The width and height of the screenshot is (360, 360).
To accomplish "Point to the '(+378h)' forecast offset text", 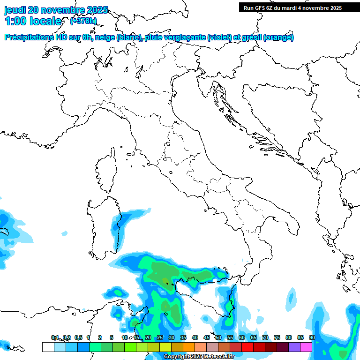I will click(x=83, y=21).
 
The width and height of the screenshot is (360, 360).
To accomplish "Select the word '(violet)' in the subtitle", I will click(x=220, y=37).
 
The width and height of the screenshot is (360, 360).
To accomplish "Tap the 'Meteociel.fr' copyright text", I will click(x=218, y=357).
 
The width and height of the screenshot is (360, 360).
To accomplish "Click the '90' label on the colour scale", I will click(x=312, y=337).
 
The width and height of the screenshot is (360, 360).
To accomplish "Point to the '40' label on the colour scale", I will click(x=195, y=337).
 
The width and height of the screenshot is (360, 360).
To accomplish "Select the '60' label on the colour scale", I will click(x=242, y=337).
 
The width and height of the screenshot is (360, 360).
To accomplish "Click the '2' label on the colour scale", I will click(x=100, y=337).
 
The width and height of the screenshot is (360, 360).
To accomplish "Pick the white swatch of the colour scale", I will click(x=48, y=347).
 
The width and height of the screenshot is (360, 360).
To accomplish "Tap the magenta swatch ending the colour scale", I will click(x=306, y=347).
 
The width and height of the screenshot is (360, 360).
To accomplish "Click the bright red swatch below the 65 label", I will click(x=247, y=347).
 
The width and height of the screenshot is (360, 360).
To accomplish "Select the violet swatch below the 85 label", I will click(x=294, y=347).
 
